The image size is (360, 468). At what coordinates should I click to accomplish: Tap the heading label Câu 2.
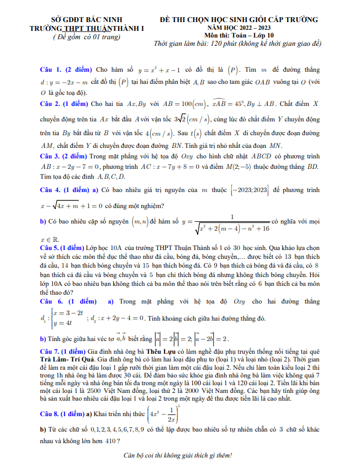point(51,103)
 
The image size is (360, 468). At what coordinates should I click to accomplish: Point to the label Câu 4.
point(51,190)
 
